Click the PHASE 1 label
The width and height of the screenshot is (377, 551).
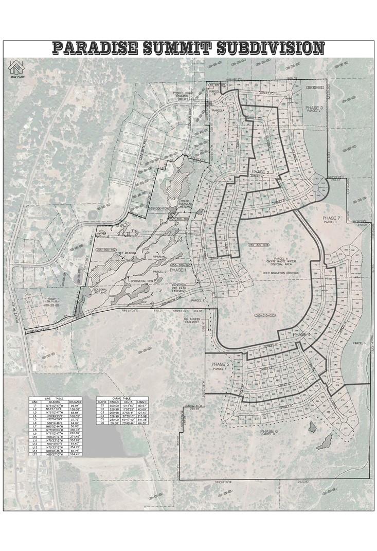tap(178, 270)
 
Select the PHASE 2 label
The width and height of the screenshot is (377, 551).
tap(260, 171)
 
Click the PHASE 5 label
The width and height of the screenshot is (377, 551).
tap(220, 364)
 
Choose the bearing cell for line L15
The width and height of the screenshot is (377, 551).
tap(55, 455)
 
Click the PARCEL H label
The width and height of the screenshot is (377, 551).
tap(358, 343)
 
